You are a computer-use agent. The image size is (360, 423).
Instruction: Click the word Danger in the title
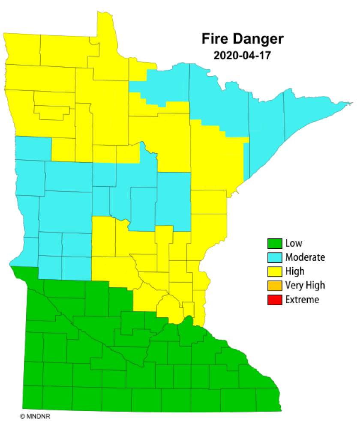259,39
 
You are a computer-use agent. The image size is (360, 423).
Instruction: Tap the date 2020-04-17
242,55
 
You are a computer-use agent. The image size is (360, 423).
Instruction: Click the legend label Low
294,244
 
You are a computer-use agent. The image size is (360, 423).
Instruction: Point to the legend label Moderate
305,258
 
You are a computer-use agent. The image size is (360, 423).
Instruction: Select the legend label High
295,271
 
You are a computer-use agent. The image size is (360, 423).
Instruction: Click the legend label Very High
305,285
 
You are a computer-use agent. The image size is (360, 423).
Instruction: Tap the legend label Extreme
302,299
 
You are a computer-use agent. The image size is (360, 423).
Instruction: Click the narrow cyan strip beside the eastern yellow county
246,161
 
